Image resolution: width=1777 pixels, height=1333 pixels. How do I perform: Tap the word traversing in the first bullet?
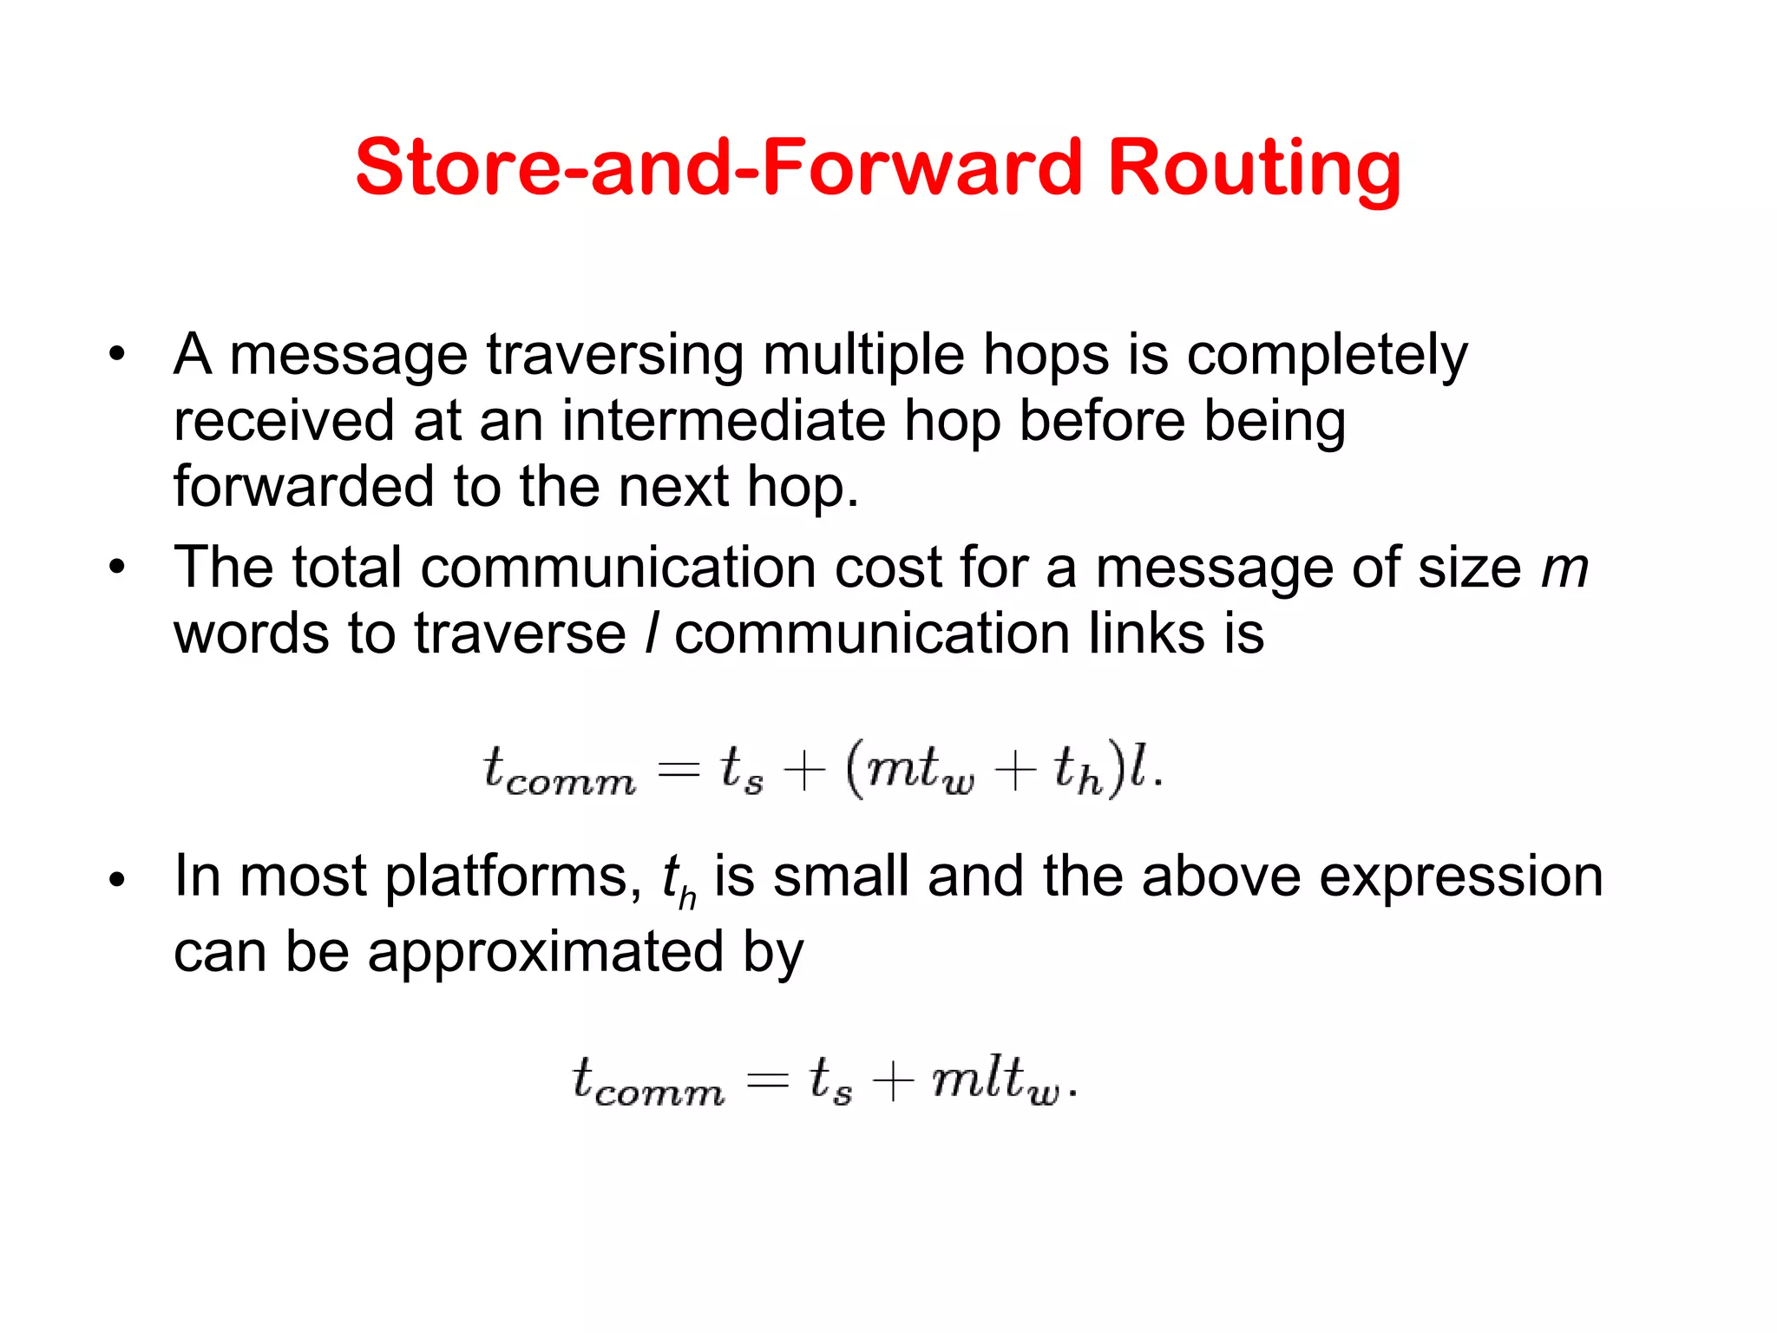click(614, 355)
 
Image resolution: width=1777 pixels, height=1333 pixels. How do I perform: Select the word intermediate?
click(724, 422)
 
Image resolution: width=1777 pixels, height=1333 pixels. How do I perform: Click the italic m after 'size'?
click(1564, 569)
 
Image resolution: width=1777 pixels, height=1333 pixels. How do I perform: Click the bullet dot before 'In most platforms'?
click(117, 880)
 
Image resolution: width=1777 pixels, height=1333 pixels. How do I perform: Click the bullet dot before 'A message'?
click(117, 355)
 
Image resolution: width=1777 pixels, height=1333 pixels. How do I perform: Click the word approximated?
click(545, 952)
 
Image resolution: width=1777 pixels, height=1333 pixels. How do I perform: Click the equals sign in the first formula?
click(678, 770)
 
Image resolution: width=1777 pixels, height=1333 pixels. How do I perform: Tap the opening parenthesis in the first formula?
click(854, 770)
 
